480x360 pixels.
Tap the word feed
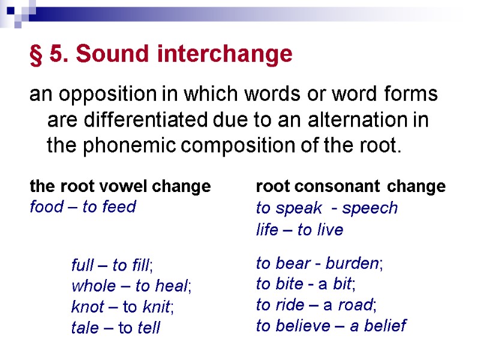[119, 207]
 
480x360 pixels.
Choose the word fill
[139, 265]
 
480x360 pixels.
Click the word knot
[87, 307]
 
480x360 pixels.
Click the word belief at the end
[385, 326]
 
